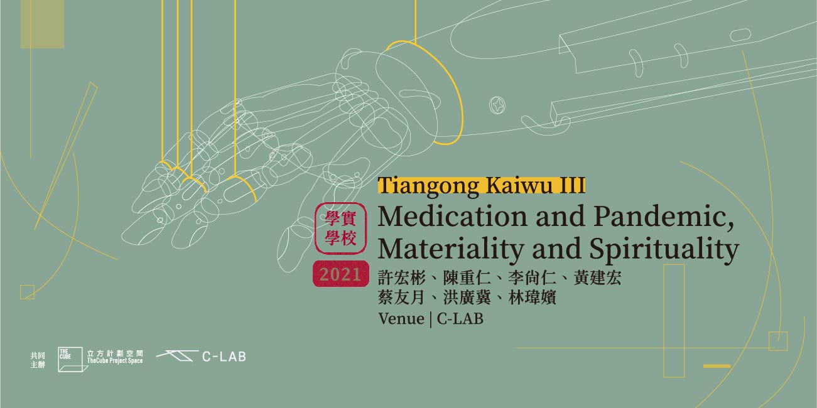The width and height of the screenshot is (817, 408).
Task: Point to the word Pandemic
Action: tap(664, 217)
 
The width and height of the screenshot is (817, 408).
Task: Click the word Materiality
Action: tap(451, 249)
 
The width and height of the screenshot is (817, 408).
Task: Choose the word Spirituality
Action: tap(664, 249)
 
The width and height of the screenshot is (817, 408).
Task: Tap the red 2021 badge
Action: tap(340, 274)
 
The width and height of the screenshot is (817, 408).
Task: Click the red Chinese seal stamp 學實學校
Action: tap(340, 228)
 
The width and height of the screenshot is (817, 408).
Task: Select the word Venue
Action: tap(401, 319)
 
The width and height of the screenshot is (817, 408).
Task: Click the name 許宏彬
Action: tap(401, 278)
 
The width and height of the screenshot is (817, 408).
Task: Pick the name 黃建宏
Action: tap(597, 278)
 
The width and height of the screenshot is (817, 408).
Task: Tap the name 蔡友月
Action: tap(401, 298)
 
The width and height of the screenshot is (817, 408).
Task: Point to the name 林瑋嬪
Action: tap(532, 298)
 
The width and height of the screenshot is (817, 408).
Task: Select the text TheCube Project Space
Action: tap(115, 360)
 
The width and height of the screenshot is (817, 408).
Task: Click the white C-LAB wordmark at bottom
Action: tap(224, 357)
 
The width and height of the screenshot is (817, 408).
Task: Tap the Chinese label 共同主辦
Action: tap(38, 360)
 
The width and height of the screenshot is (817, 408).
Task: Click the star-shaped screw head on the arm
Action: tap(497, 105)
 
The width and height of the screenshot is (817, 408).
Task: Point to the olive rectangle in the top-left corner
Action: tap(42, 24)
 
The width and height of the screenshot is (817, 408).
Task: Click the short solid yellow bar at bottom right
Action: tap(717, 366)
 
